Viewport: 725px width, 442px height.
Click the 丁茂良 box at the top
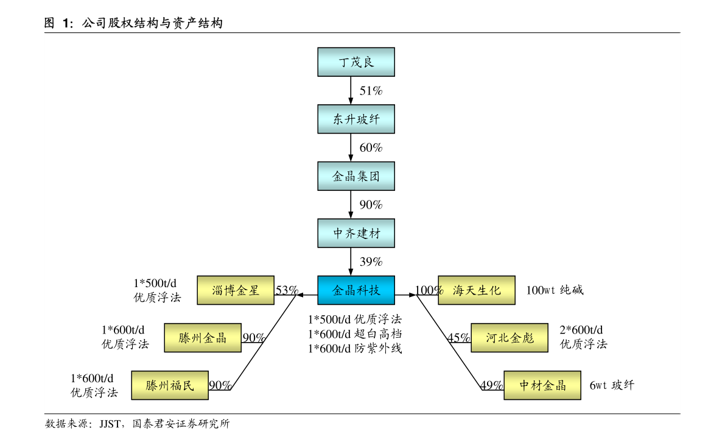click(356, 62)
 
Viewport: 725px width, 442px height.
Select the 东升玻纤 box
click(356, 119)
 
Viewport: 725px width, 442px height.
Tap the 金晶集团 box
click(356, 176)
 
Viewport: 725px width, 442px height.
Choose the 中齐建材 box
click(356, 233)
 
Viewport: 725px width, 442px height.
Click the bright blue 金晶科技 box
click(356, 290)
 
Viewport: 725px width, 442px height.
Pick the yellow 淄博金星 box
click(236, 290)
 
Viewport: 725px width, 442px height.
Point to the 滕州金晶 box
click(203, 338)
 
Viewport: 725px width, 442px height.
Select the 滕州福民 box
click(170, 385)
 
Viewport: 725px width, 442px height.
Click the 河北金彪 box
click(510, 338)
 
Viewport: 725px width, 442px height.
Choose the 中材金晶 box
click(542, 385)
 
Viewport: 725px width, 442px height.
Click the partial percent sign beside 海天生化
click(441, 291)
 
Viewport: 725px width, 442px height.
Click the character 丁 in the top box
click(345, 62)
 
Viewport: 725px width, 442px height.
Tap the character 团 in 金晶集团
click(374, 176)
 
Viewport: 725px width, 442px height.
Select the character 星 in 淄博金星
click(253, 290)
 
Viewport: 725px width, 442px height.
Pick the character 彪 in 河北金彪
click(527, 338)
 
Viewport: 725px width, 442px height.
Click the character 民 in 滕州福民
click(187, 385)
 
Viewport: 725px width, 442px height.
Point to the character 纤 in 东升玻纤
click(374, 119)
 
